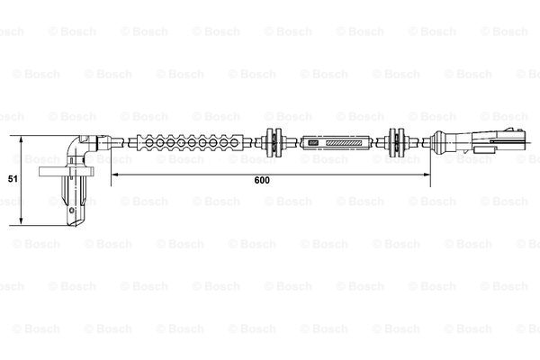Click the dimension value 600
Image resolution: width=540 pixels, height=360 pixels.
pos(262,180)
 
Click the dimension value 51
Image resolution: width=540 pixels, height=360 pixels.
pos(13,179)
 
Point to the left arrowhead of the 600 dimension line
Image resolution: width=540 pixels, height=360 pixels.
pos(115,175)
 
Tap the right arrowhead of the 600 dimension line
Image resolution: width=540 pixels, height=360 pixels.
pos(427,175)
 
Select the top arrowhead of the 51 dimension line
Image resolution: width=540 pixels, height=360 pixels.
pos(22,139)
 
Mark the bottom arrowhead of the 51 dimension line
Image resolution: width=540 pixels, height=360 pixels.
pos(22,221)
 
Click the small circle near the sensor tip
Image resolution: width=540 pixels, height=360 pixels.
pos(72,210)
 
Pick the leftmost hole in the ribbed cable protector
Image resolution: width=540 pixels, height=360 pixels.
pos(149,142)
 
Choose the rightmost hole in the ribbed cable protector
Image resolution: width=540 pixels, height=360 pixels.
pos(235,142)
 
